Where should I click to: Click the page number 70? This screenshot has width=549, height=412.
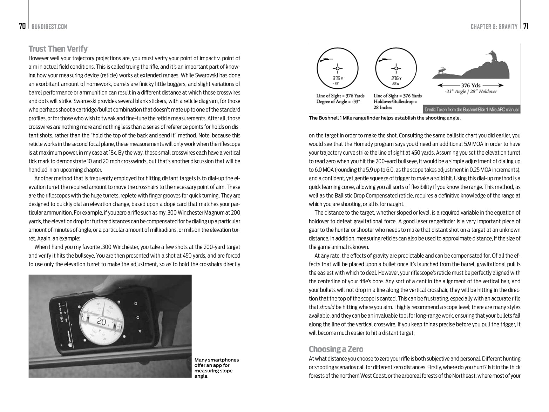(22, 26)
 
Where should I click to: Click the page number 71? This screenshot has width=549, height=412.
(526, 26)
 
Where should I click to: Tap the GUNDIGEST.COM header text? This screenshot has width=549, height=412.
(49, 27)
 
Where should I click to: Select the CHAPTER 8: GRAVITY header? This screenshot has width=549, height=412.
(494, 27)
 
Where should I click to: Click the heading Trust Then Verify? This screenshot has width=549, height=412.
(58, 49)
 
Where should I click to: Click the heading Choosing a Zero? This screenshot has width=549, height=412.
(336, 349)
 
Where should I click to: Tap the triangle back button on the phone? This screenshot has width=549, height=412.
(140, 331)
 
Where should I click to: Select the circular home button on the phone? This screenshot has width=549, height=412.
(137, 317)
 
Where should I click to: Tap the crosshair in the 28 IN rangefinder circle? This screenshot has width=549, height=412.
(396, 68)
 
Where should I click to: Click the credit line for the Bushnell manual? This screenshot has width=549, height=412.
(472, 109)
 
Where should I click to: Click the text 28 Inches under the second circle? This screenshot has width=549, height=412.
(383, 107)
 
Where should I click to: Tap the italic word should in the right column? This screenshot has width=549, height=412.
(327, 307)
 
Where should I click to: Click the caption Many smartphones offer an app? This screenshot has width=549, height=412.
(216, 368)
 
